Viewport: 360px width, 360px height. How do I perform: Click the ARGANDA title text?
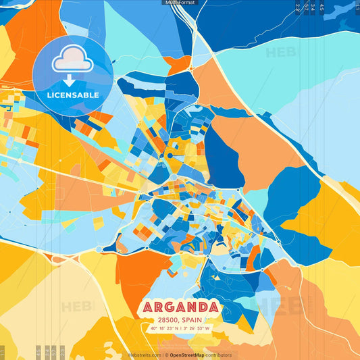[180, 308]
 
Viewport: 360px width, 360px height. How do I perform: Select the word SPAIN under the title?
[191, 321]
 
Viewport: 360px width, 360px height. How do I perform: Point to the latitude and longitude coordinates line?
[180, 329]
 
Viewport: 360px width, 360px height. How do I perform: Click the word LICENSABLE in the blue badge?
[72, 95]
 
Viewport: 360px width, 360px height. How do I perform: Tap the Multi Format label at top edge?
[180, 3]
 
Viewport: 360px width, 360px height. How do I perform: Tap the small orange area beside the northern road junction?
[178, 66]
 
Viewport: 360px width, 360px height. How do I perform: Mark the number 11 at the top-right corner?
[356, 6]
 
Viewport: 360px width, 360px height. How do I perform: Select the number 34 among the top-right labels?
[313, 7]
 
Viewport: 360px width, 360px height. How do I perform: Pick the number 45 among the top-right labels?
[322, 7]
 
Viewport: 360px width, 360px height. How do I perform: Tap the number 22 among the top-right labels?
[298, 7]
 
